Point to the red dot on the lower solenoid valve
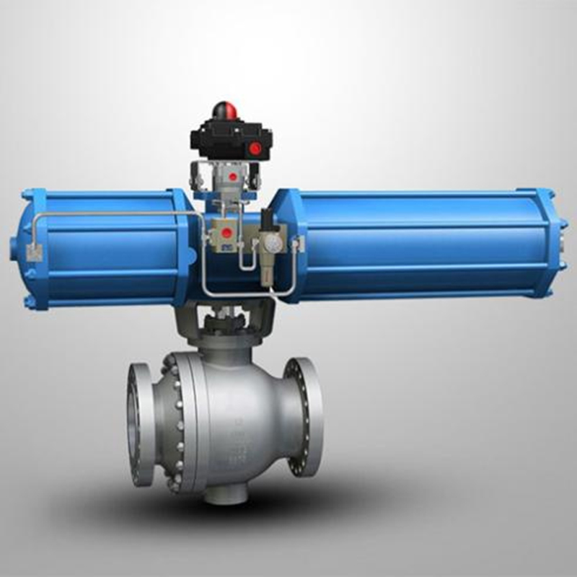227,233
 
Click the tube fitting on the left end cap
32,252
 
